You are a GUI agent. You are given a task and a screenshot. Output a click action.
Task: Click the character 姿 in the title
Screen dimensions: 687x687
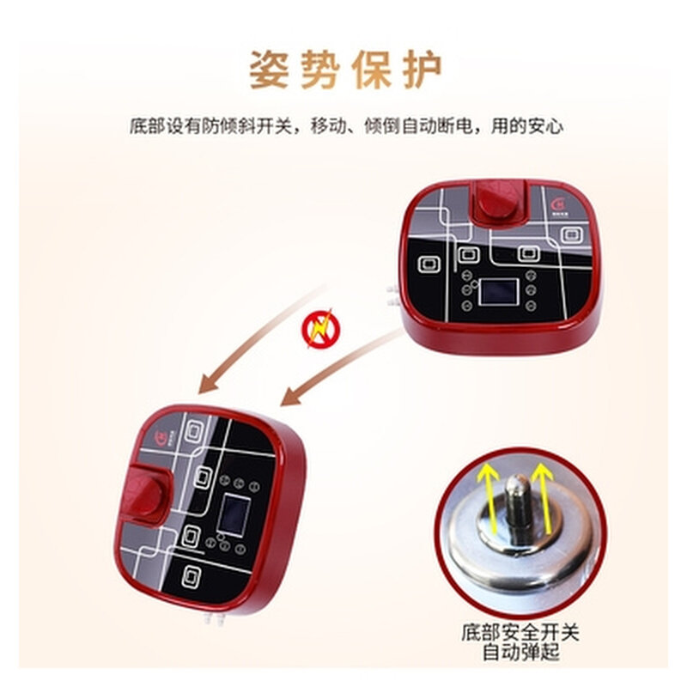tap(269, 70)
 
